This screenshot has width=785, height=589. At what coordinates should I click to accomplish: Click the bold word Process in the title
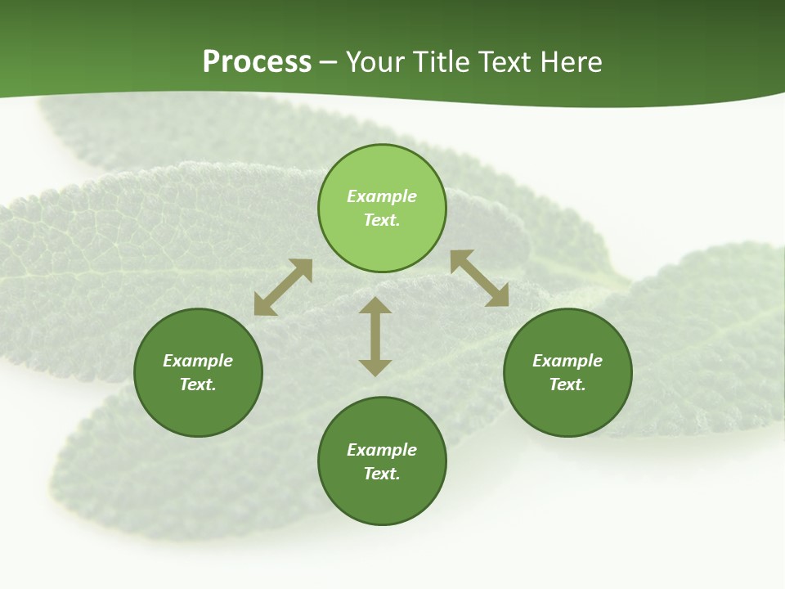click(257, 62)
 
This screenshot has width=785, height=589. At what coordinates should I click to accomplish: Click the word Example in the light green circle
click(382, 196)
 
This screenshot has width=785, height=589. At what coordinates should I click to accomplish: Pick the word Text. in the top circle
click(382, 220)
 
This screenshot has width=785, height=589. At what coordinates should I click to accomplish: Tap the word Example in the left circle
click(198, 361)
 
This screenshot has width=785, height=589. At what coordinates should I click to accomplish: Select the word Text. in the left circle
click(198, 384)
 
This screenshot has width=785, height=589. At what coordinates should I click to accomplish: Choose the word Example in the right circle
click(567, 361)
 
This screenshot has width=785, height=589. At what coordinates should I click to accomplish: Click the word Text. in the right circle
click(567, 384)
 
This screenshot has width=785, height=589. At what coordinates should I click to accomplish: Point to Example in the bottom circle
click(382, 450)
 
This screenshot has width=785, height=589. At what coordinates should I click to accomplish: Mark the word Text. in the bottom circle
click(382, 474)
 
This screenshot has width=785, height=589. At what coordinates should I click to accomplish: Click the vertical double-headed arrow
click(375, 337)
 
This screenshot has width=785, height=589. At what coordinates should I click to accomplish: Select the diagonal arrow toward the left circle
click(283, 287)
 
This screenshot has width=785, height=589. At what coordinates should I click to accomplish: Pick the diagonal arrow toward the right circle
click(480, 279)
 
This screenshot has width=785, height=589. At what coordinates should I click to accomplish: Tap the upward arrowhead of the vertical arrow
click(375, 306)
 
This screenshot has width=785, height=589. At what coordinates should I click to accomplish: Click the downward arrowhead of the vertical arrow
click(375, 367)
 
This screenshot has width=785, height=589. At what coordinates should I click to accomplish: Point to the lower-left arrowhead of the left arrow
click(263, 306)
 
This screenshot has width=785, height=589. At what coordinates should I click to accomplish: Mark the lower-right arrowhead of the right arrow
click(499, 297)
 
